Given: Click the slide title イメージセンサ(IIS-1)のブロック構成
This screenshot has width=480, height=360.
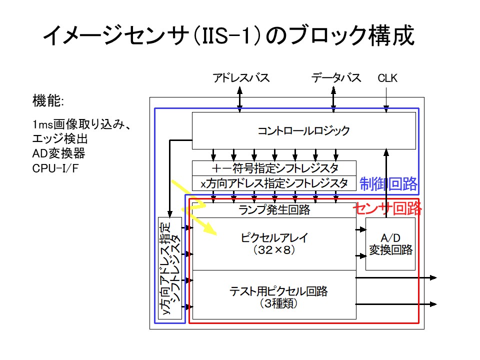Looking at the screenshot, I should click(x=228, y=36).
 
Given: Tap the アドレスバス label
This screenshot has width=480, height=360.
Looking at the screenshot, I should click(x=241, y=78).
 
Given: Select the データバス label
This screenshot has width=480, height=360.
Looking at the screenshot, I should click(x=336, y=78).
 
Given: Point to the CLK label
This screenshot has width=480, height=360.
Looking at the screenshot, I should click(x=387, y=78).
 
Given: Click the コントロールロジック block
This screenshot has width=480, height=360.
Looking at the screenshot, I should click(x=303, y=131).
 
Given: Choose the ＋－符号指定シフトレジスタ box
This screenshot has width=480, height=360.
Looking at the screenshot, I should click(x=274, y=168).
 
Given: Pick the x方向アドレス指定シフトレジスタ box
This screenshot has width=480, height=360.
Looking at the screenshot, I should click(x=274, y=183).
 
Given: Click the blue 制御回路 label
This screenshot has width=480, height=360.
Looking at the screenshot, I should click(x=388, y=184).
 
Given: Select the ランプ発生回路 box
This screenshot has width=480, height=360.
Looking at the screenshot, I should click(x=274, y=210).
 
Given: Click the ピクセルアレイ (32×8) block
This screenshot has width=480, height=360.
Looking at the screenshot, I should click(x=274, y=243).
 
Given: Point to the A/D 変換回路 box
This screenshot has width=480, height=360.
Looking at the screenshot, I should click(x=390, y=244).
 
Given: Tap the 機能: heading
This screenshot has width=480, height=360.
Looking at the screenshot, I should click(x=48, y=101).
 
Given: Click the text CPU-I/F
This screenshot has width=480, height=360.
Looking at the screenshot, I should click(x=55, y=168).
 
